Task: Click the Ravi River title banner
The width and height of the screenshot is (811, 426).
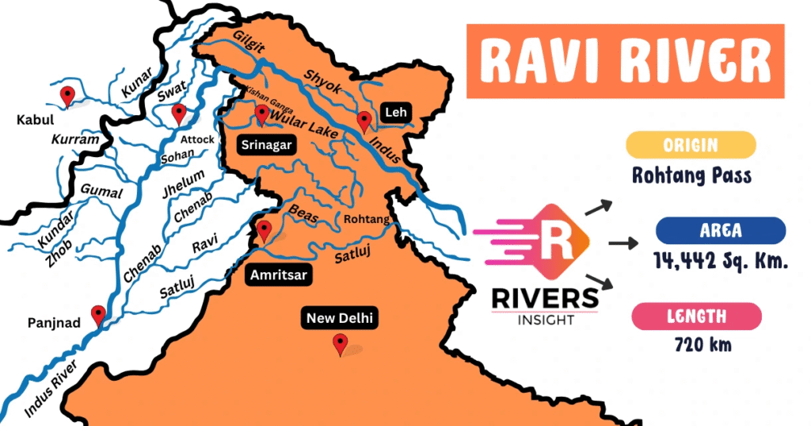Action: coord(626,61)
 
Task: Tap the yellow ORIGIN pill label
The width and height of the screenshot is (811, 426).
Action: coord(691,145)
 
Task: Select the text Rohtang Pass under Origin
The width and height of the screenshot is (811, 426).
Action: coord(691,175)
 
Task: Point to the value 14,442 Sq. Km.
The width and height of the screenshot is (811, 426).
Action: coord(721,259)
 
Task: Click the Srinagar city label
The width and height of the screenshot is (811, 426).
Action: coord(266,145)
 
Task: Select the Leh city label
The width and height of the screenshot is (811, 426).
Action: coord(394,113)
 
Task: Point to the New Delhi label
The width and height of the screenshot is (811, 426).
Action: coord(341,319)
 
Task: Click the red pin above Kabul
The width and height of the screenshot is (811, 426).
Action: coord(68,96)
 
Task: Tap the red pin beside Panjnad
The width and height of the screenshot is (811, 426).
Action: coord(98,316)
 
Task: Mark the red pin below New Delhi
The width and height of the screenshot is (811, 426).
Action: coord(341,344)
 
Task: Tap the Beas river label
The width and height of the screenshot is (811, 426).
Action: coord(303,210)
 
